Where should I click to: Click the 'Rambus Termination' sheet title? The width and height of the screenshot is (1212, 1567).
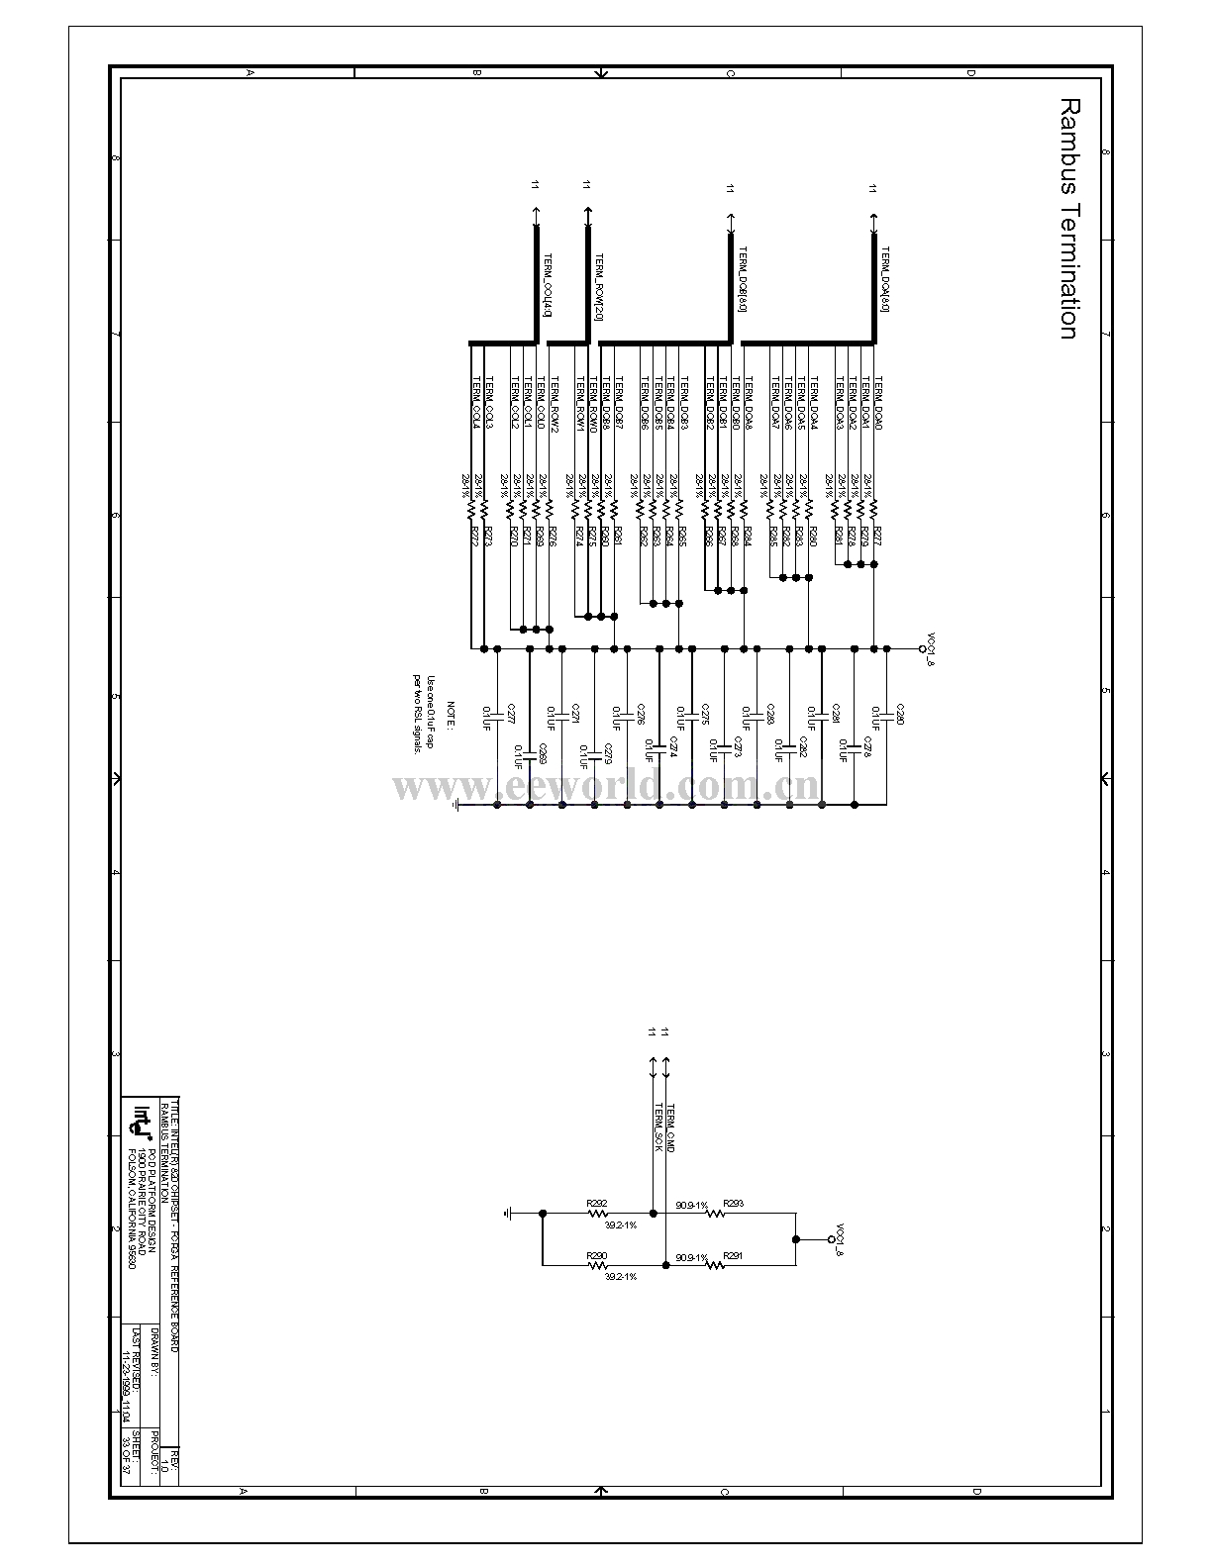[x=1066, y=218]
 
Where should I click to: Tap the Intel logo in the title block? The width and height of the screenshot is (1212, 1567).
[x=143, y=1120]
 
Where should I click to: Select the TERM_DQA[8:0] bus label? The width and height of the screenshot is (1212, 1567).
[x=884, y=279]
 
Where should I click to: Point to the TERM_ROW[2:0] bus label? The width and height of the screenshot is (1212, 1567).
[x=598, y=287]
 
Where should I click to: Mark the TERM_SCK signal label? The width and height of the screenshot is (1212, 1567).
[x=656, y=1128]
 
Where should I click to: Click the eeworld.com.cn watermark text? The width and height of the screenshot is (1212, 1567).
[x=606, y=788]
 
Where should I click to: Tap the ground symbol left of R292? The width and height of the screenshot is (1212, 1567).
[x=508, y=1213]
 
